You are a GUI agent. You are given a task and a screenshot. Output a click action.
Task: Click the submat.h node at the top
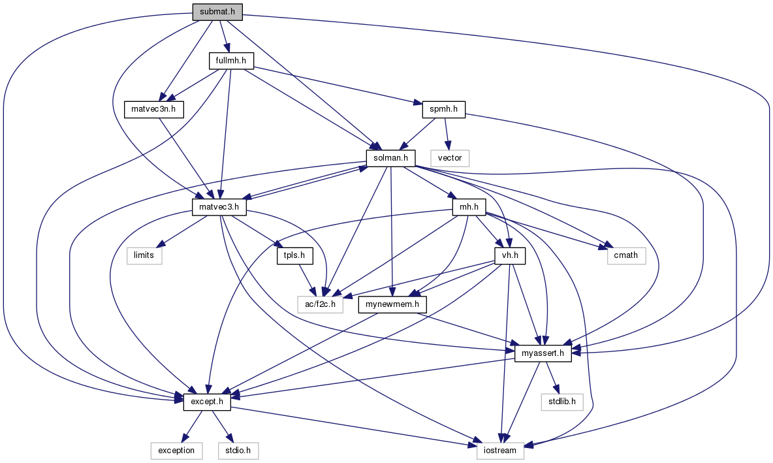217,12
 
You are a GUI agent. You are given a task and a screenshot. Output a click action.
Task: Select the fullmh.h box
230,61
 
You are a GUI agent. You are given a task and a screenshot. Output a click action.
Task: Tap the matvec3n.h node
153,108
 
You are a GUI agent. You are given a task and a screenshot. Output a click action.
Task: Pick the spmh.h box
439,109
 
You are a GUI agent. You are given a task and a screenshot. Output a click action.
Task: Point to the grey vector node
450,157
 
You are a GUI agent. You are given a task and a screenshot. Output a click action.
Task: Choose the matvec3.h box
219,207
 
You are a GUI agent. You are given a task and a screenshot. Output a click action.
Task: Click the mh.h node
469,207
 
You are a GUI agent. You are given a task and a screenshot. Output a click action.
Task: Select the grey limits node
144,255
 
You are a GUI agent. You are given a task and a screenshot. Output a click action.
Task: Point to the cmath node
625,255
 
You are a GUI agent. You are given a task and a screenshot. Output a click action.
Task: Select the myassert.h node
543,353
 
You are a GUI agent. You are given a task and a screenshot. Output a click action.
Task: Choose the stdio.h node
238,450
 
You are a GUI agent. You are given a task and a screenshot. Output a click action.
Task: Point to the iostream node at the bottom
500,450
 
